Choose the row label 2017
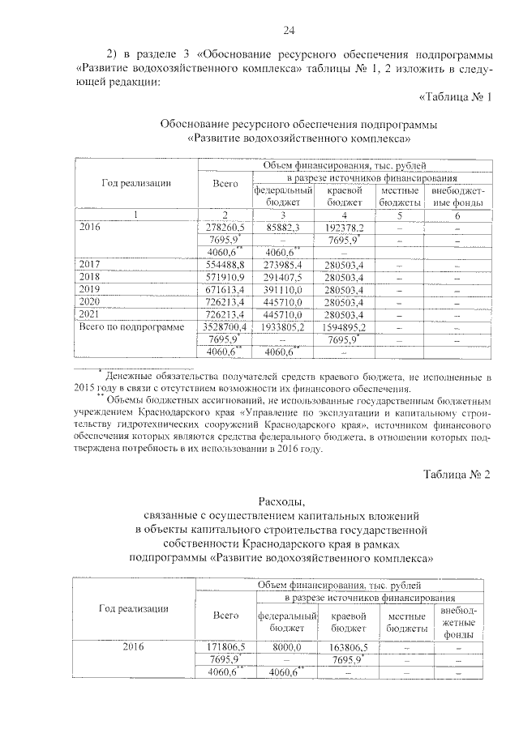[90, 265]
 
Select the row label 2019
[90, 289]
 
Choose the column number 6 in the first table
[458, 215]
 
